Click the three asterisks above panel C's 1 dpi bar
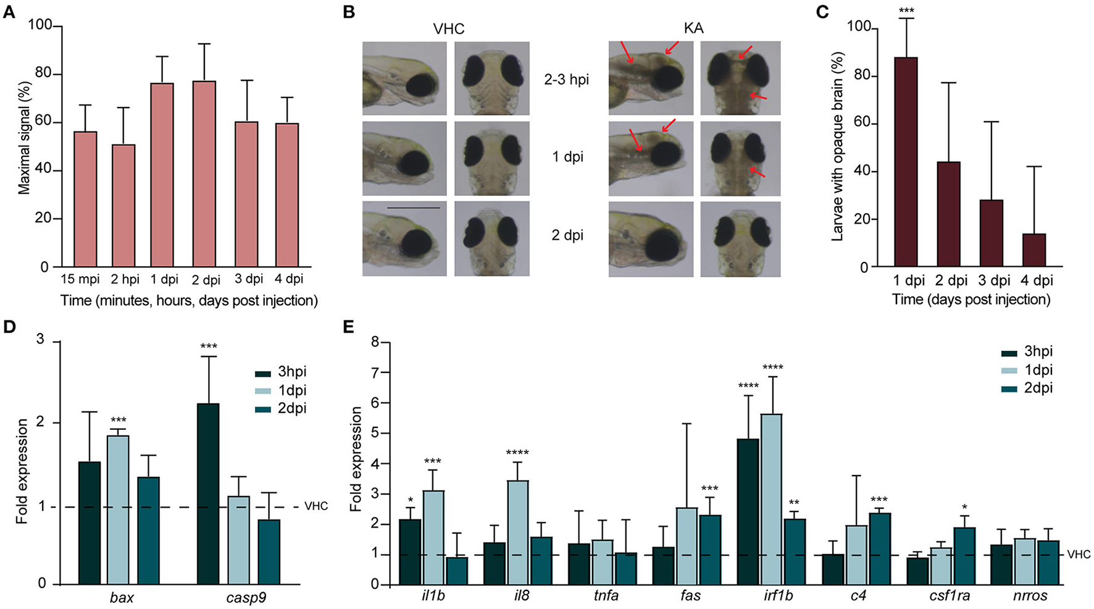[x=907, y=12]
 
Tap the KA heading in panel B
[x=694, y=28]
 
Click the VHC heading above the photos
[x=448, y=28]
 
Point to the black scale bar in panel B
[x=414, y=208]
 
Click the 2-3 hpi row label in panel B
[x=567, y=79]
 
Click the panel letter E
[x=349, y=326]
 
